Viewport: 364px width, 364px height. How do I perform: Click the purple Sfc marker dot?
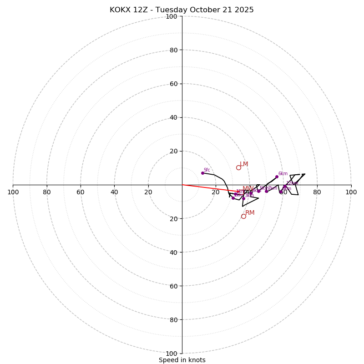[x=202, y=173]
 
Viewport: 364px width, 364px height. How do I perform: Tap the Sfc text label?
[x=207, y=170]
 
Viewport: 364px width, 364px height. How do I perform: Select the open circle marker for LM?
[x=238, y=167]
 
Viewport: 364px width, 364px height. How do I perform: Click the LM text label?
[x=244, y=164]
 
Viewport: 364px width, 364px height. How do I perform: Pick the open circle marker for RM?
[x=243, y=216]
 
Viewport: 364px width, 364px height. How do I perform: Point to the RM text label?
[x=250, y=213]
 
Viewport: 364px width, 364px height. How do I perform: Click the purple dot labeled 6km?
[x=277, y=177]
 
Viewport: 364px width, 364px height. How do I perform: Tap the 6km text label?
[x=283, y=174]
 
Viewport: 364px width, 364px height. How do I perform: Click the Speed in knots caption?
[x=182, y=360]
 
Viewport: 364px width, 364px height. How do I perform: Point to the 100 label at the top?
[x=172, y=16]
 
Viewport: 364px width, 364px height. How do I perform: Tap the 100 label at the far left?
[x=13, y=192]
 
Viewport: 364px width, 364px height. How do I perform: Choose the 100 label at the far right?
[x=351, y=192]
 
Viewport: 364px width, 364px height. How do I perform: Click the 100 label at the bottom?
[x=172, y=354]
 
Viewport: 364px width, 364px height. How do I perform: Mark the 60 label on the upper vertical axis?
[x=173, y=84]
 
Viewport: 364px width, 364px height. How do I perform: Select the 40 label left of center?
[x=114, y=192]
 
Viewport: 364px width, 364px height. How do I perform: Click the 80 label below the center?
[x=173, y=320]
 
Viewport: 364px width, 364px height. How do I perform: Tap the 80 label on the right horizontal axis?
[x=317, y=192]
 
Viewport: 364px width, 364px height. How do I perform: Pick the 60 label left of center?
[x=81, y=192]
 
